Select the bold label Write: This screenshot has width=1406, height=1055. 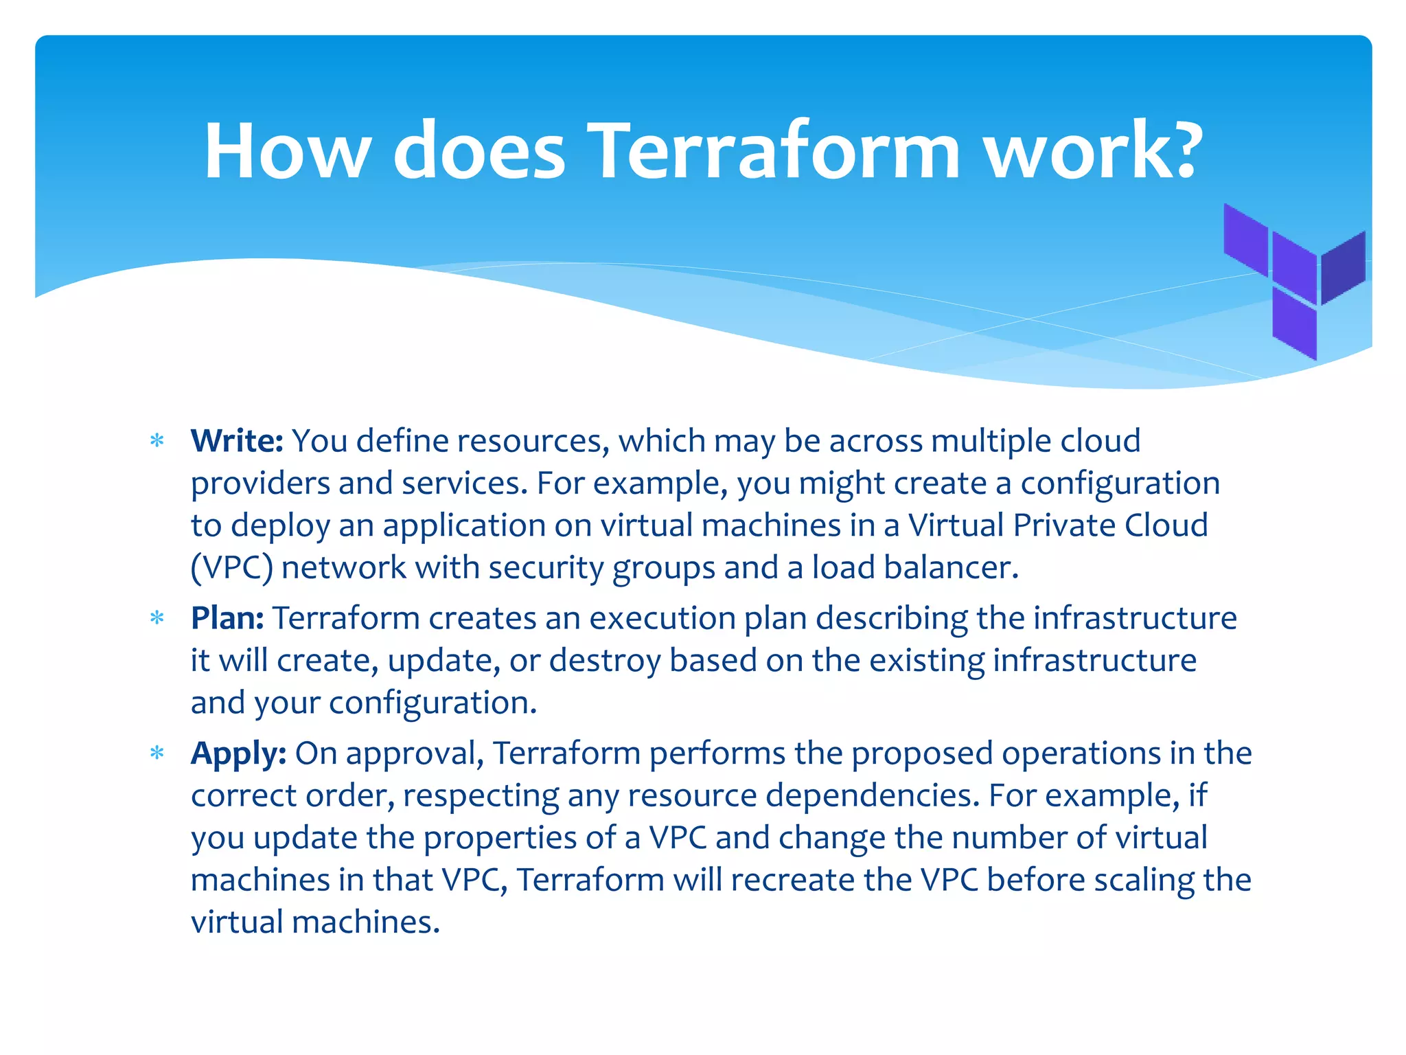pos(237,441)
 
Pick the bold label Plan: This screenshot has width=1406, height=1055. pos(227,618)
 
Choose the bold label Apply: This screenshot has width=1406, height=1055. pos(238,753)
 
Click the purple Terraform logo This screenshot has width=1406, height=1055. pos(1295,282)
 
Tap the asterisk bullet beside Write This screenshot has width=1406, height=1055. pos(157,442)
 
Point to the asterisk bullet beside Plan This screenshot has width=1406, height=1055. pos(157,619)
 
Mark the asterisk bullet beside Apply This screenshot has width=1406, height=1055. pos(157,754)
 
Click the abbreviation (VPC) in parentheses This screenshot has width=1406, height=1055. pos(232,568)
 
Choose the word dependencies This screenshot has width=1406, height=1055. pos(872,796)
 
